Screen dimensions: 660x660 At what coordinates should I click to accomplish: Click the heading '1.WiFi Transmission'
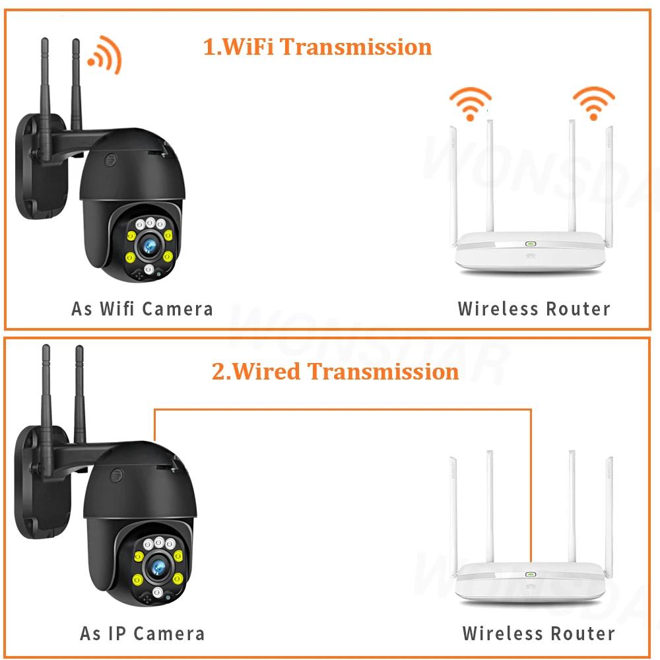tap(317, 47)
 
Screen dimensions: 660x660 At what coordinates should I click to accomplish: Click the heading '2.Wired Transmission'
tap(335, 371)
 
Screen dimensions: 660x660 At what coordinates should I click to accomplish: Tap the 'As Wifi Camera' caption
tap(142, 308)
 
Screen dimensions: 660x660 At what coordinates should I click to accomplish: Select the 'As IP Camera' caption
tap(142, 634)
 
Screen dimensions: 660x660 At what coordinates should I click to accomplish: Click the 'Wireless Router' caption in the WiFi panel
tap(534, 308)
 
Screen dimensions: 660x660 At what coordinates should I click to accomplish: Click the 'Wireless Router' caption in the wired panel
tap(539, 634)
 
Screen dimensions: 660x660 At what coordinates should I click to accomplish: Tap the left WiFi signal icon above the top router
tap(470, 102)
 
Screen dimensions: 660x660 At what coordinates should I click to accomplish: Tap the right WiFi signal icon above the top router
tap(593, 102)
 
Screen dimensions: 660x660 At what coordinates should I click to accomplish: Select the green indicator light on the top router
tap(530, 243)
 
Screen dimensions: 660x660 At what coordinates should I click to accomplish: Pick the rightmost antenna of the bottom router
tap(608, 508)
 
